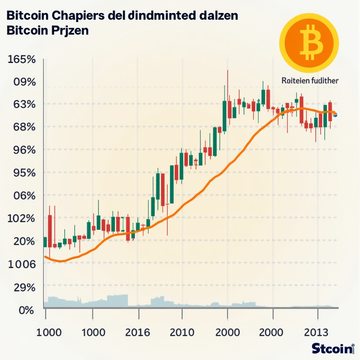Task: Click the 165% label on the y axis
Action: pyautogui.click(x=21, y=59)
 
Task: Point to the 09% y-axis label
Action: pyautogui.click(x=22, y=82)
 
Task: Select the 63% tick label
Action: pyautogui.click(x=22, y=104)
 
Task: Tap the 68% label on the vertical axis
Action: pyautogui.click(x=22, y=127)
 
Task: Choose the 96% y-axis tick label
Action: pyautogui.click(x=22, y=150)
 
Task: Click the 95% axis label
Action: pyautogui.click(x=22, y=173)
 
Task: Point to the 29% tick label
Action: pyautogui.click(x=22, y=287)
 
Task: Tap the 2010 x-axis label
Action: pyautogui.click(x=181, y=332)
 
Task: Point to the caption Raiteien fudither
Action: pyautogui.click(x=310, y=81)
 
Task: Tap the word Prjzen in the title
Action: pyautogui.click(x=70, y=31)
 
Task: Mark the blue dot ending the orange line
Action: pyautogui.click(x=335, y=115)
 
